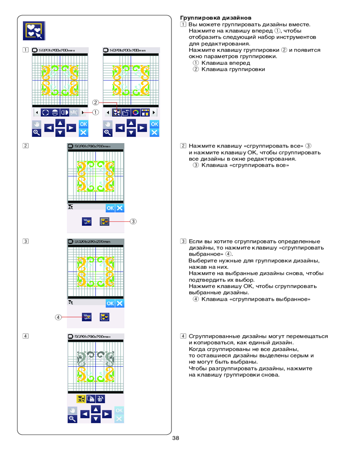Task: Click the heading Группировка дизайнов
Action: pos(209,18)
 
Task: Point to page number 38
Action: pos(175,438)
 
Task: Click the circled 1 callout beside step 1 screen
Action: pos(95,112)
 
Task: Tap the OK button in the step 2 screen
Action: pos(110,208)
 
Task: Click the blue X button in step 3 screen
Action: pos(120,303)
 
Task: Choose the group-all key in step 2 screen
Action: pos(104,221)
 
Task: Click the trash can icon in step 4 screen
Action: pos(100,398)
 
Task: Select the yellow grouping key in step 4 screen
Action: pos(81,398)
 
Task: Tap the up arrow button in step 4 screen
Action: pos(95,409)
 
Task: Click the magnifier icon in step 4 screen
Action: pos(72,419)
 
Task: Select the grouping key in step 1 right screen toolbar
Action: pos(117,112)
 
